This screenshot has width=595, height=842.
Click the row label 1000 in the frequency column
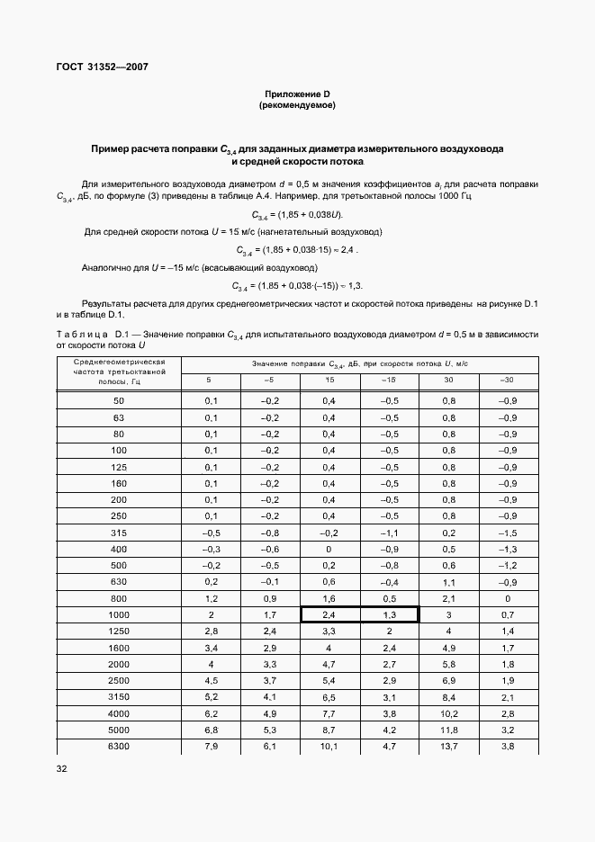click(x=119, y=614)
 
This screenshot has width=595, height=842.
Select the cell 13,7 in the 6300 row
click(x=448, y=747)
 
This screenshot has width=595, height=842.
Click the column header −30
click(x=508, y=381)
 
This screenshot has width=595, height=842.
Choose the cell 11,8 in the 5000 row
click(x=448, y=730)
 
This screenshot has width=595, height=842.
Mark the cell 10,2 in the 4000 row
click(x=448, y=714)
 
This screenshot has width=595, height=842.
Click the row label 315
click(x=119, y=532)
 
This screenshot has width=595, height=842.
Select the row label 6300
click(x=119, y=747)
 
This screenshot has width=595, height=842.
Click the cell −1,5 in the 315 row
click(x=508, y=532)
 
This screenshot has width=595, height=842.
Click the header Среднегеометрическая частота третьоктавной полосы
click(x=119, y=371)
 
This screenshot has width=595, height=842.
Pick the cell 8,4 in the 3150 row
click(x=448, y=697)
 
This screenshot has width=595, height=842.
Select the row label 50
click(x=119, y=399)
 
